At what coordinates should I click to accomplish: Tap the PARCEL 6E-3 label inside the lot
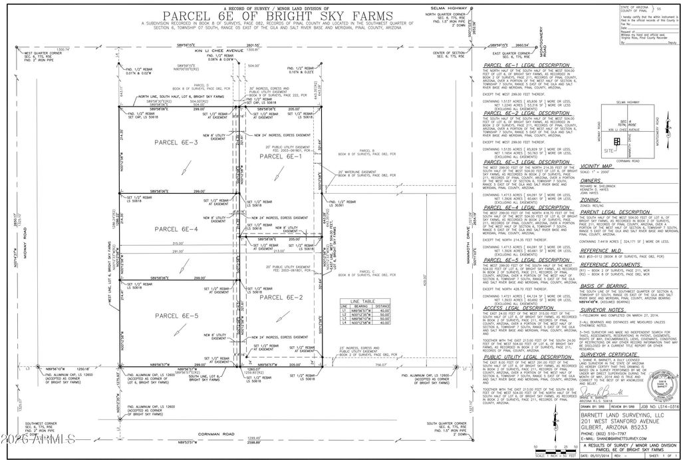pyautogui.click(x=176, y=142)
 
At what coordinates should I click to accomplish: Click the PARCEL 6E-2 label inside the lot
pyautogui.click(x=281, y=297)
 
